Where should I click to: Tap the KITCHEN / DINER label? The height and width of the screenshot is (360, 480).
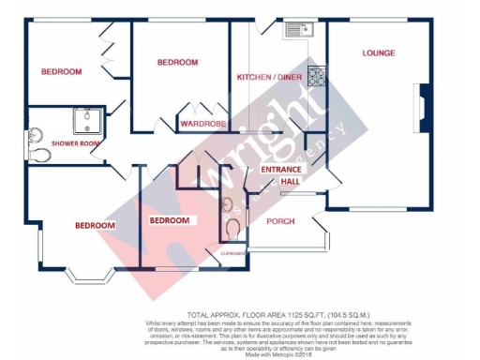[x=268, y=76]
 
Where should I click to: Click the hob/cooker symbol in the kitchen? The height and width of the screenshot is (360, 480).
[x=316, y=76]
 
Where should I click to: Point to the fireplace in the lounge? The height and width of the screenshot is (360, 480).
[x=424, y=106]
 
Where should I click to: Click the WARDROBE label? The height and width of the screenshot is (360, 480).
[x=202, y=123]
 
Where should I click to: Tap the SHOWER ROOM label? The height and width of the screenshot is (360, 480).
[x=50, y=143]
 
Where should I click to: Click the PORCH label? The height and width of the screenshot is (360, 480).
[x=281, y=221]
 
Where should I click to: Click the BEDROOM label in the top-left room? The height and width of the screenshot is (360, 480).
[x=61, y=71]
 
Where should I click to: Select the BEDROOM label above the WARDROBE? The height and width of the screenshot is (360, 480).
[x=177, y=62]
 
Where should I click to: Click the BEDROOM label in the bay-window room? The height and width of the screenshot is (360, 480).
[x=95, y=225]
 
